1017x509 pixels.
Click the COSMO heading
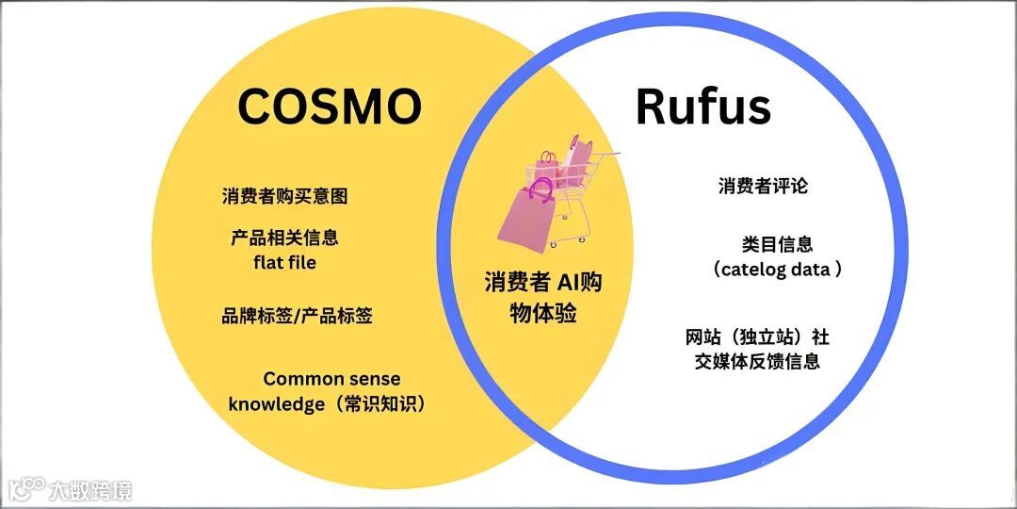pyautogui.click(x=329, y=105)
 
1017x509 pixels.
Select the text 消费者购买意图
pyautogui.click(x=284, y=196)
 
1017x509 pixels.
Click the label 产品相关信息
pyautogui.click(x=284, y=238)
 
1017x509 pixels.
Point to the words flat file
pyautogui.click(x=284, y=262)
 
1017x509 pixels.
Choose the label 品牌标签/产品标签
pyautogui.click(x=297, y=316)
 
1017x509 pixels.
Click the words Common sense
pyautogui.click(x=331, y=379)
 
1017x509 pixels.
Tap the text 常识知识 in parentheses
pyautogui.click(x=384, y=404)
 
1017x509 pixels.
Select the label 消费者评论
pyautogui.click(x=763, y=186)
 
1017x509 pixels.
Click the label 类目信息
pyautogui.click(x=777, y=244)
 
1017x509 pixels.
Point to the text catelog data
pyautogui.click(x=777, y=270)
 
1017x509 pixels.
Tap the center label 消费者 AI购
pyautogui.click(x=543, y=282)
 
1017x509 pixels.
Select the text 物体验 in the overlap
pyautogui.click(x=543, y=312)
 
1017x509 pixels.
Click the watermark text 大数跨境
pyautogui.click(x=90, y=489)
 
